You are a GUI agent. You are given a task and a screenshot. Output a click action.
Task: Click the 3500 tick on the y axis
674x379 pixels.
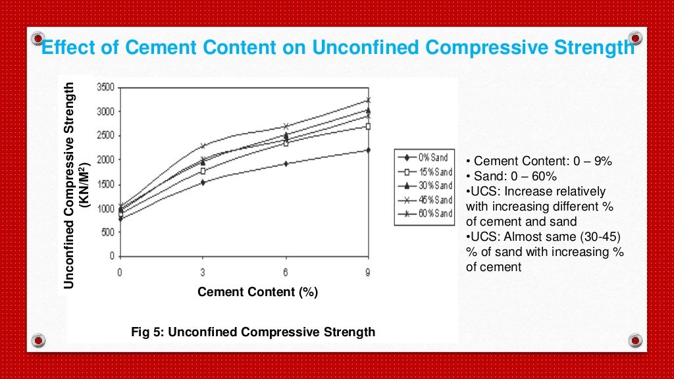106,87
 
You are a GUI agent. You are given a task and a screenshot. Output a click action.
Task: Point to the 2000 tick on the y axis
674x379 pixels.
106,160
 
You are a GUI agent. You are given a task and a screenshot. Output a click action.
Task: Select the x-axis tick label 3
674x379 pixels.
202,272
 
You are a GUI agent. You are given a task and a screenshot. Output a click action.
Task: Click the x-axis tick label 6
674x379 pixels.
285,272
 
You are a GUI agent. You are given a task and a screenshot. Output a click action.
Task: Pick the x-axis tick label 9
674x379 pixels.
367,272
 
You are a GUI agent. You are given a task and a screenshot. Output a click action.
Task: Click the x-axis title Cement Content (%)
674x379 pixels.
257,292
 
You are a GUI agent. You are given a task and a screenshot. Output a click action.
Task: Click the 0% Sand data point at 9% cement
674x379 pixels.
367,150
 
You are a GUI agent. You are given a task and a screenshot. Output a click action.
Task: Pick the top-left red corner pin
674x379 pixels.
39,37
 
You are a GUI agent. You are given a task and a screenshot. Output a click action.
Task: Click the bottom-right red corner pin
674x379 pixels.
635,340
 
